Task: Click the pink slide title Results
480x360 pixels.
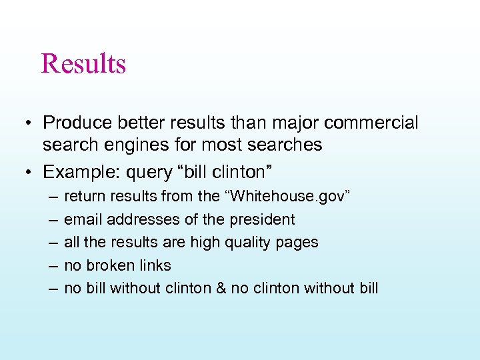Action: coord(83,64)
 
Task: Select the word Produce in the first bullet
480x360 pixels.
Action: coord(73,123)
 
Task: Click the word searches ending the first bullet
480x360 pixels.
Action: coord(289,145)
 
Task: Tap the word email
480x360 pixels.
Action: coord(83,219)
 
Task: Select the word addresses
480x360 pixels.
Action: coord(141,219)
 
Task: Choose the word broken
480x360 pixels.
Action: coord(109,265)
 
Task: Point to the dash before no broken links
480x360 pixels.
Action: coord(52,265)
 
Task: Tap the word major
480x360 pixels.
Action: coord(295,123)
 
